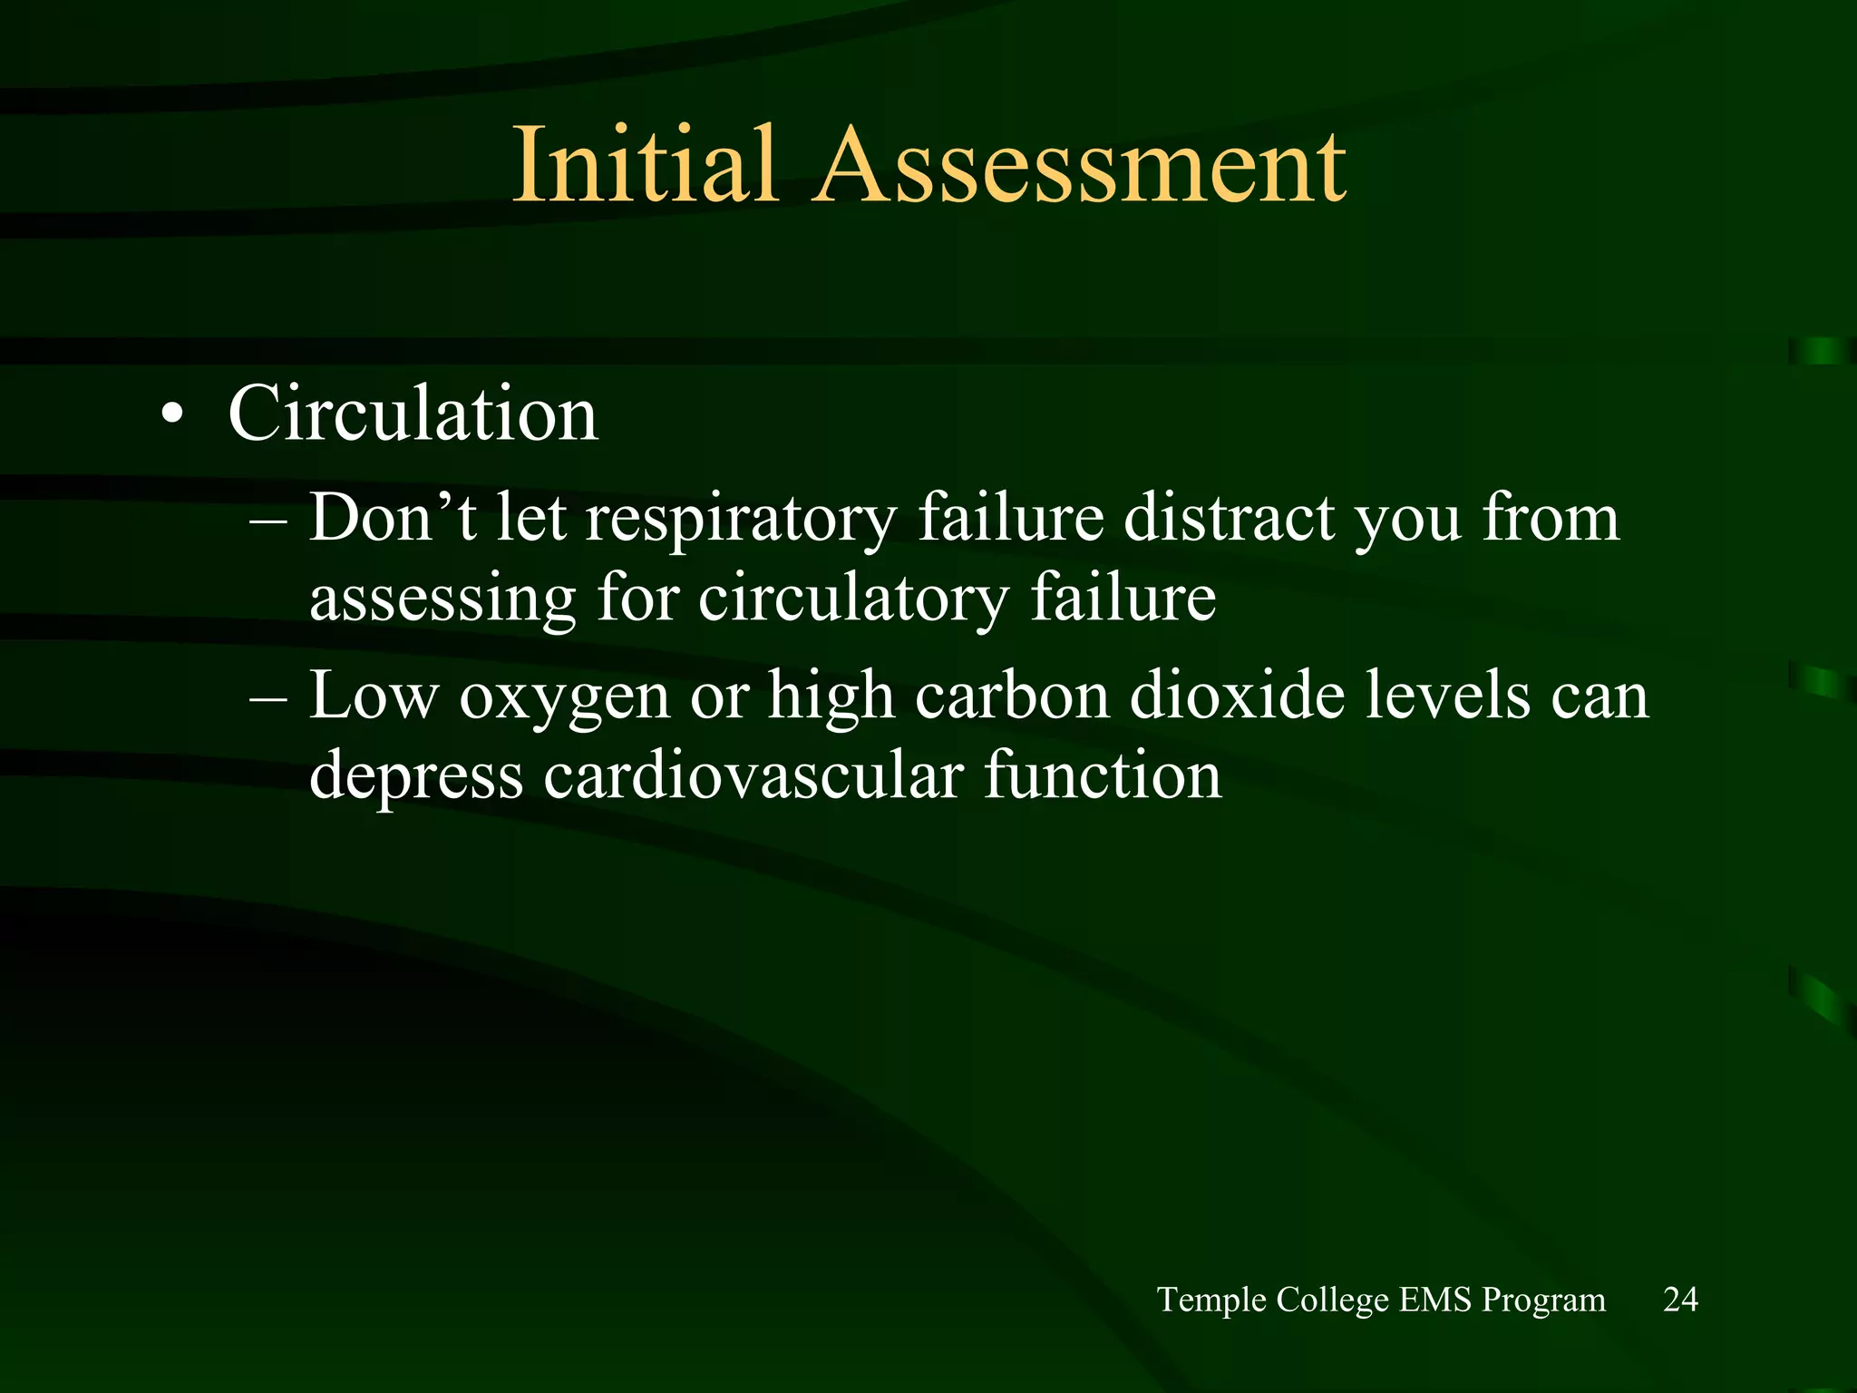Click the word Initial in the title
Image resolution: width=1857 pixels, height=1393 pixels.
645,165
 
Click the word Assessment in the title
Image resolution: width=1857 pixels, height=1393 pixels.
1081,165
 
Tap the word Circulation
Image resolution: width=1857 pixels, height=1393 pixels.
413,414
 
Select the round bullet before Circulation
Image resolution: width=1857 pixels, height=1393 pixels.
172,416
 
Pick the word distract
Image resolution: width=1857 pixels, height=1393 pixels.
1228,519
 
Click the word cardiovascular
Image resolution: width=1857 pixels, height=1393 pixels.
753,776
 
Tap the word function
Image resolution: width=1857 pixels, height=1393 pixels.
1103,776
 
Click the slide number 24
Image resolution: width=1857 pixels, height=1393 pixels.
1680,1300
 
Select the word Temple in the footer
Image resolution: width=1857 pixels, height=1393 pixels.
1211,1300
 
